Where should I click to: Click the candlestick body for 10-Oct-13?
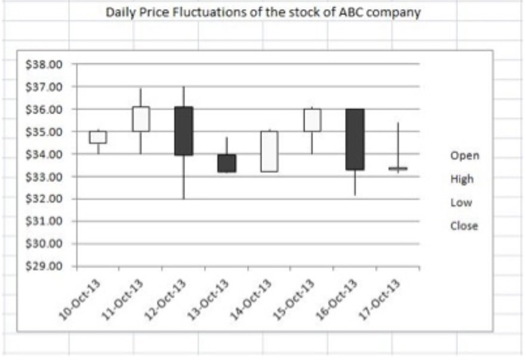[98, 137]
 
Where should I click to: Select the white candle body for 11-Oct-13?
[141, 119]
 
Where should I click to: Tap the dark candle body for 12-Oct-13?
[183, 131]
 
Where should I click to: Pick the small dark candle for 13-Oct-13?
[226, 163]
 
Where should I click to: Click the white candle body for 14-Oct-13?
[269, 151]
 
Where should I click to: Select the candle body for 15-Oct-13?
[312, 120]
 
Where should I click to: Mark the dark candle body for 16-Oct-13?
[355, 139]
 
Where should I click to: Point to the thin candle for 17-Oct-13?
[398, 169]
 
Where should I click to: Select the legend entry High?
[462, 179]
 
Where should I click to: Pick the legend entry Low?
[461, 202]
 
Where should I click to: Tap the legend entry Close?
[464, 226]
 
